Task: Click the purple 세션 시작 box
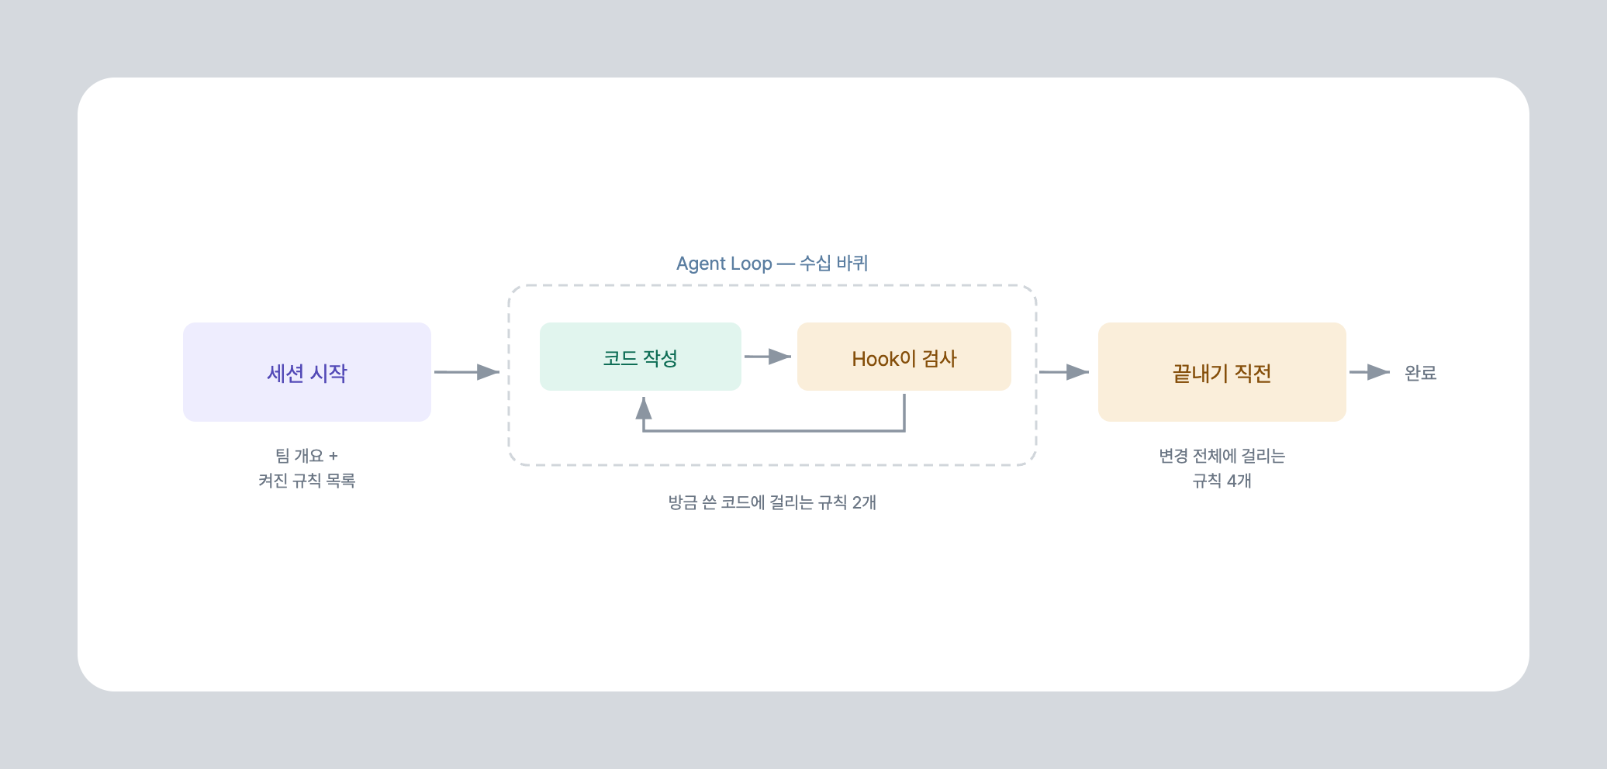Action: [x=307, y=372]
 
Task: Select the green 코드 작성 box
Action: [x=641, y=357]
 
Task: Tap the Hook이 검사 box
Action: [x=904, y=357]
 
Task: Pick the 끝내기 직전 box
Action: [x=1222, y=372]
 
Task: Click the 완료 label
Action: [x=1421, y=373]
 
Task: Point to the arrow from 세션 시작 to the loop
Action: [x=467, y=372]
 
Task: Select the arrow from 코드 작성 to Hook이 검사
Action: [x=768, y=357]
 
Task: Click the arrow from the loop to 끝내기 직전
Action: [x=1064, y=372]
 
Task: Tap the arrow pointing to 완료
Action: [x=1370, y=372]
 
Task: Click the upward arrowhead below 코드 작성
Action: [x=644, y=408]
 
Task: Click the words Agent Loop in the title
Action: [x=724, y=264]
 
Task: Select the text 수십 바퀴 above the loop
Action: [x=834, y=264]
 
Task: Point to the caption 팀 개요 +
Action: [x=307, y=456]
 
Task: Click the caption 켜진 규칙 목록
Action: [x=307, y=481]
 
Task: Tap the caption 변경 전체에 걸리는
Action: [x=1222, y=456]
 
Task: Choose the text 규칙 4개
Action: [x=1222, y=481]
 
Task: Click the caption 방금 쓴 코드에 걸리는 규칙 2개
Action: [x=772, y=502]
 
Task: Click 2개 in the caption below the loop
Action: [x=864, y=502]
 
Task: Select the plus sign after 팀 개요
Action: [x=333, y=457]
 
